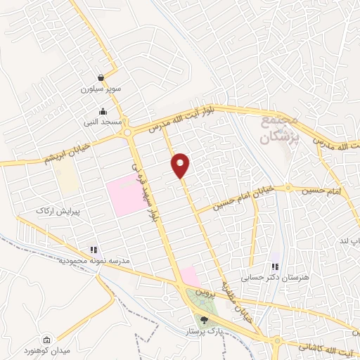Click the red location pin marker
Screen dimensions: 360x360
click(x=181, y=165)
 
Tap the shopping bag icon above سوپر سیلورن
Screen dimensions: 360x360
click(x=103, y=78)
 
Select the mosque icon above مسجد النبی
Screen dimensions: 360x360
click(x=103, y=110)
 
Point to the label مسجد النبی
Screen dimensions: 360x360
click(x=103, y=122)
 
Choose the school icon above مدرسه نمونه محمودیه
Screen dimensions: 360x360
click(x=93, y=250)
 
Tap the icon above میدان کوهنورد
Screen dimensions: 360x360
click(x=46, y=340)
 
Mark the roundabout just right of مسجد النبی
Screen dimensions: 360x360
click(x=127, y=131)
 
